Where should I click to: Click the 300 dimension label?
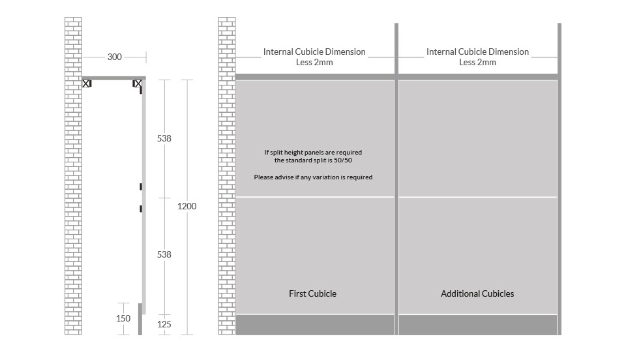point(115,57)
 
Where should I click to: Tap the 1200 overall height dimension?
point(187,206)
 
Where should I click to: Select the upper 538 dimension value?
point(164,138)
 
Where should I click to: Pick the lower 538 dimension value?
point(164,254)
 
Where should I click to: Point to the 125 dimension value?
point(164,325)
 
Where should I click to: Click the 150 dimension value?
point(123,318)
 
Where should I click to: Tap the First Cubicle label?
point(312,293)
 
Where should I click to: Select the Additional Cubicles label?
point(477,293)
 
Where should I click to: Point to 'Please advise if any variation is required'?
point(313,177)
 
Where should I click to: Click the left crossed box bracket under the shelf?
point(87,83)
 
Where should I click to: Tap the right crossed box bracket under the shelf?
point(138,83)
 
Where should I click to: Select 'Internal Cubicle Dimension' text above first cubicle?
point(314,52)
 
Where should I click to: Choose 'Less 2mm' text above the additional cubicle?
point(477,62)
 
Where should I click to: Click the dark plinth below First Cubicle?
point(315,325)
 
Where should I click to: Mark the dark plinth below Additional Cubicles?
point(478,325)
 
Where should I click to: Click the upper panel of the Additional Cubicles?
point(478,138)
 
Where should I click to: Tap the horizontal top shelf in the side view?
point(113,78)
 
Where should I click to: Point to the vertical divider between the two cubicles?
point(396,179)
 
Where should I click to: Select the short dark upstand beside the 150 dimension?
point(140,319)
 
